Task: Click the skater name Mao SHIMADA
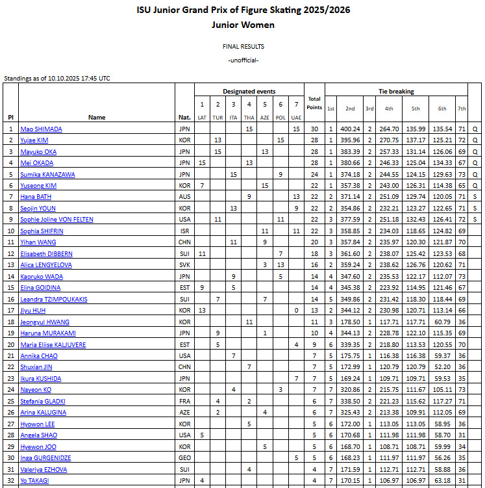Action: point(40,129)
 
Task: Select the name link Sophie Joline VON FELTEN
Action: point(56,220)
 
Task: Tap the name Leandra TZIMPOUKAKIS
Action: point(54,299)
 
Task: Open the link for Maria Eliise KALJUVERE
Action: point(54,344)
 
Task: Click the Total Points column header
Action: point(314,103)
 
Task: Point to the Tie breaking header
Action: point(396,92)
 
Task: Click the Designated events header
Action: point(249,92)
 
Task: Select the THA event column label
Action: point(249,118)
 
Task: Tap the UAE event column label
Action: point(296,118)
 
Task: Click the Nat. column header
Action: point(184,118)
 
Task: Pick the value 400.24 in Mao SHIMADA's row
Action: point(350,129)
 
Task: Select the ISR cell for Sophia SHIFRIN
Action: point(184,231)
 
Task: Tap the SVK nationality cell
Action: point(184,265)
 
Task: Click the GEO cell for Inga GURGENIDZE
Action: point(184,458)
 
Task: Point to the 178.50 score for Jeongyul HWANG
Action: point(350,322)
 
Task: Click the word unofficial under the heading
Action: point(243,60)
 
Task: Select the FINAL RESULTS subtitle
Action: point(243,47)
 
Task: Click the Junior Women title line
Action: point(243,25)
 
